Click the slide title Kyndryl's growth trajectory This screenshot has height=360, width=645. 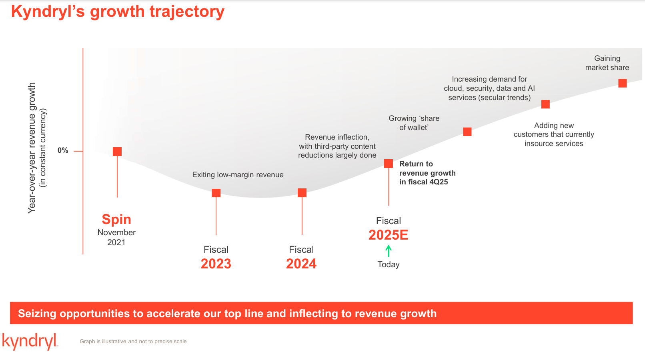click(x=118, y=12)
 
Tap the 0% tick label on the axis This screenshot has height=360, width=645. click(x=63, y=150)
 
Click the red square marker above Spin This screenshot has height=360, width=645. click(x=117, y=152)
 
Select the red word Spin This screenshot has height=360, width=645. click(x=116, y=219)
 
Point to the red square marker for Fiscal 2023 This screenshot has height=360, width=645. click(x=216, y=193)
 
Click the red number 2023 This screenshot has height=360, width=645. click(x=216, y=264)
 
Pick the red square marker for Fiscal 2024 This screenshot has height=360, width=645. click(x=302, y=193)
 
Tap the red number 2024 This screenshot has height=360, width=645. click(x=301, y=264)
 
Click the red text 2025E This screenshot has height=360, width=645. click(x=388, y=235)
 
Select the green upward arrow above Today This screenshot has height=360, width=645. click(x=388, y=251)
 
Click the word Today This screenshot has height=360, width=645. click(x=388, y=264)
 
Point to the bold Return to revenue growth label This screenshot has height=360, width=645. click(x=427, y=173)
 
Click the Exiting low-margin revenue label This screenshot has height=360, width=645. click(x=238, y=175)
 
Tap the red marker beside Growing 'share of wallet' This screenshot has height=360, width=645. click(x=467, y=132)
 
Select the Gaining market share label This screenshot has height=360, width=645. click(x=607, y=63)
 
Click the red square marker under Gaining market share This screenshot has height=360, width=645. click(x=622, y=83)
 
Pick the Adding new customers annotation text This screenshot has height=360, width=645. click(x=554, y=134)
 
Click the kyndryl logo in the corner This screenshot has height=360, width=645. click(x=30, y=341)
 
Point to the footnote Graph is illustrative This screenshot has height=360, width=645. click(x=133, y=341)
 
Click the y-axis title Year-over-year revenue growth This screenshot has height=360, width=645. click(x=32, y=148)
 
